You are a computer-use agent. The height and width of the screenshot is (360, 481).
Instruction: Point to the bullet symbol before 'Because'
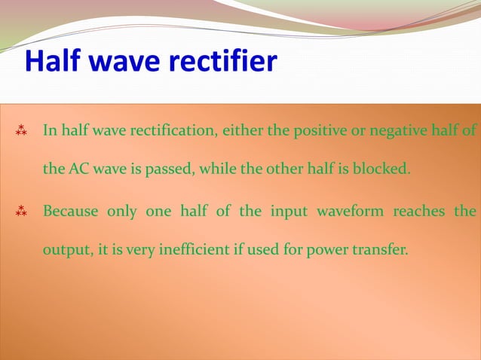click(x=22, y=211)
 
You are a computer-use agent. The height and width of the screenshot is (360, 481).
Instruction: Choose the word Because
click(x=70, y=211)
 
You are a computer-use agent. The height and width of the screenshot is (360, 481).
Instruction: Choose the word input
click(x=283, y=211)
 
